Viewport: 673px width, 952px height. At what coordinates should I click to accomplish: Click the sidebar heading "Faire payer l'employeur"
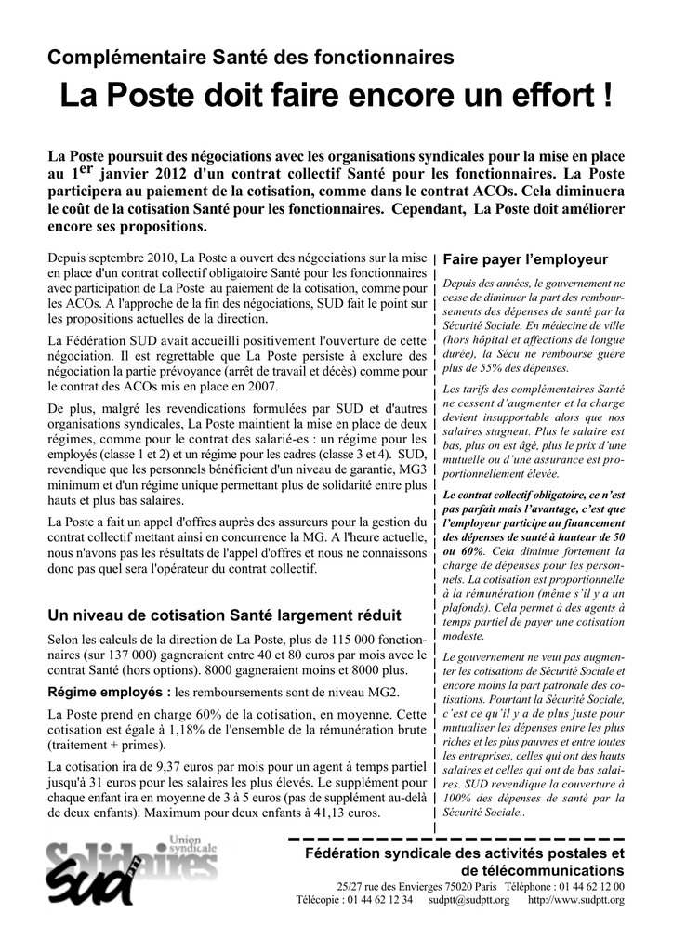[525, 259]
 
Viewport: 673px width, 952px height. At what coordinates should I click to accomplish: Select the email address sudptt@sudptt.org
[469, 900]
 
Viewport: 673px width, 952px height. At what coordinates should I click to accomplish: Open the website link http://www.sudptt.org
[575, 900]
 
